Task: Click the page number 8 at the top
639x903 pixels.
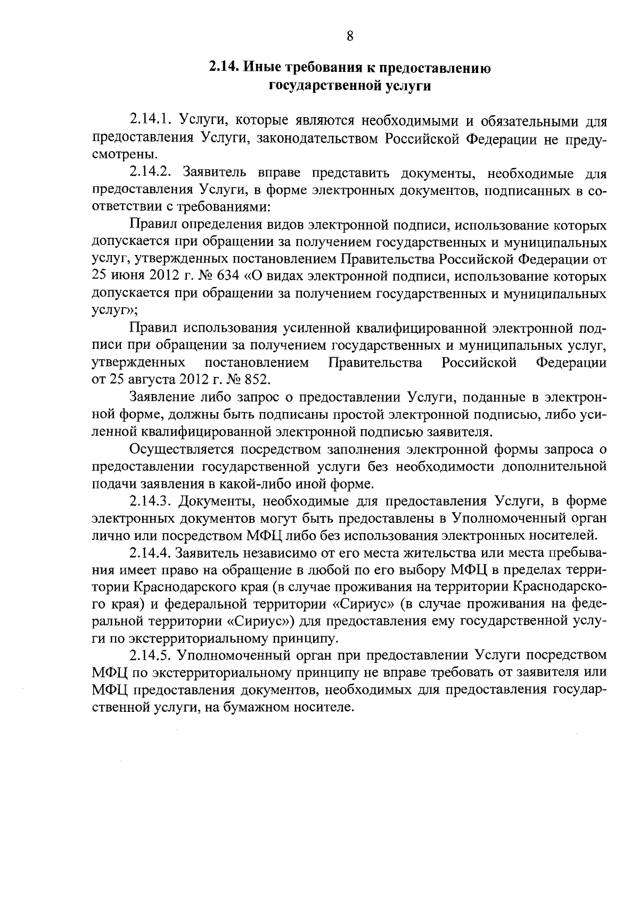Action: point(350,36)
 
